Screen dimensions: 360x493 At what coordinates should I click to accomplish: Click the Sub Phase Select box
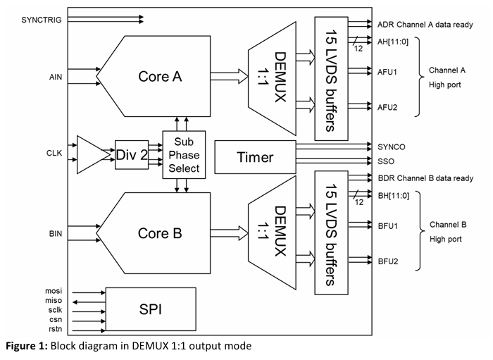(182, 154)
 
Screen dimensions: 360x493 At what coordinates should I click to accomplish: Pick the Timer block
(254, 157)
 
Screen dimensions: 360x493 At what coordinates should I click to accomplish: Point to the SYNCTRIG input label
(41, 20)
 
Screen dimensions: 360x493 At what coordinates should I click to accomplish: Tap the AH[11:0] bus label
(393, 41)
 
